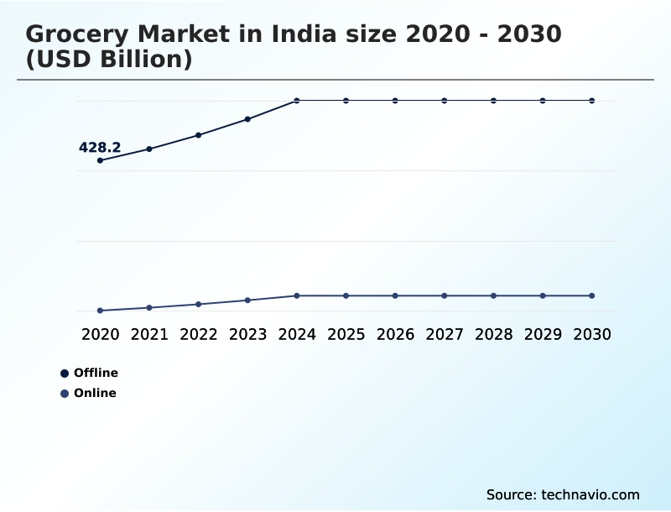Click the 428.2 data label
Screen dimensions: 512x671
click(x=100, y=148)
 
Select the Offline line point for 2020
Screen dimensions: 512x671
click(x=101, y=160)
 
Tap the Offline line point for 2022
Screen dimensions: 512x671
click(x=199, y=135)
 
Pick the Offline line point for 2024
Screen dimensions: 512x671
click(x=297, y=101)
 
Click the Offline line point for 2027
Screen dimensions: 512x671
click(x=445, y=101)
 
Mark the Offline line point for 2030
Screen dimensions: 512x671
click(x=592, y=101)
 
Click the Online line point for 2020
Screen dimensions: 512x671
click(x=101, y=311)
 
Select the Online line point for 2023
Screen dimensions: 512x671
click(x=247, y=300)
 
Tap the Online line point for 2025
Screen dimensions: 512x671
click(x=346, y=295)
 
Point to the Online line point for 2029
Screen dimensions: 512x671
click(x=543, y=295)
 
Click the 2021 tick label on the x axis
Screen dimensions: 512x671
click(x=149, y=334)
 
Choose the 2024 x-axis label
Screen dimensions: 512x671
click(x=297, y=334)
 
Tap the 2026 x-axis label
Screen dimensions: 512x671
click(x=395, y=334)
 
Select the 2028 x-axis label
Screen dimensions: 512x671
click(x=493, y=334)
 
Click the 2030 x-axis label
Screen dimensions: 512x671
click(x=592, y=334)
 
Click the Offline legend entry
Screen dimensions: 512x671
click(x=89, y=374)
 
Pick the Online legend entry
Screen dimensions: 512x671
click(x=88, y=394)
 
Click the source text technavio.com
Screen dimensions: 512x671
click(x=563, y=494)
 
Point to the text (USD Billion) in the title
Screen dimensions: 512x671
click(x=109, y=60)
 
